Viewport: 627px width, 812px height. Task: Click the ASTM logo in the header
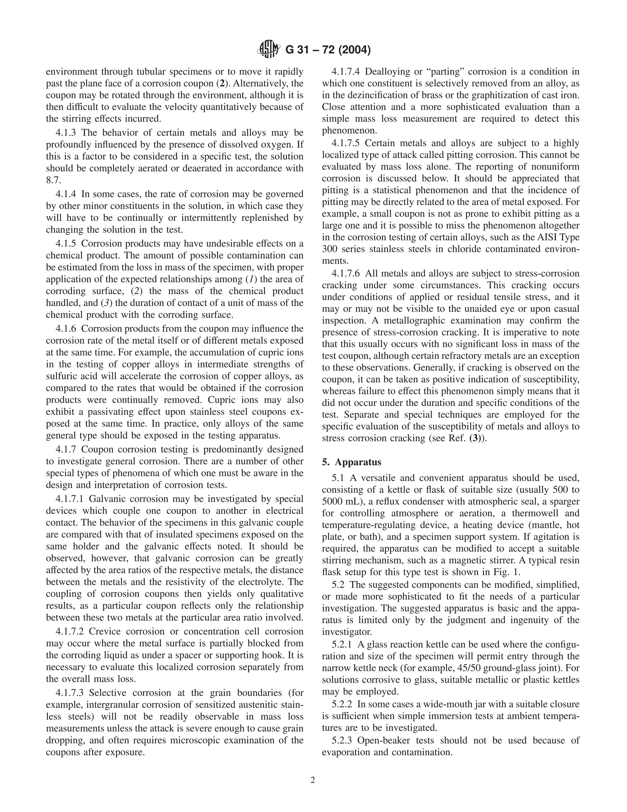tap(268, 49)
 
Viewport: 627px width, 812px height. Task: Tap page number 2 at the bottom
tap(313, 780)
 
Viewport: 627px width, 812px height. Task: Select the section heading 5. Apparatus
tap(351, 462)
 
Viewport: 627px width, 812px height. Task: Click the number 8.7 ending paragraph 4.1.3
tap(53, 180)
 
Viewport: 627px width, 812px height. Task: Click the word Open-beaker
tap(385, 740)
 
